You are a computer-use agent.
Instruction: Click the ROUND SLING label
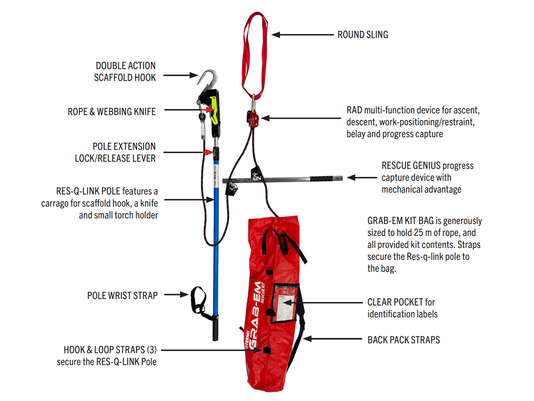click(363, 35)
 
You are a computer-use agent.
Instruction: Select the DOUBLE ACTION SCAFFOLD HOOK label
click(126, 71)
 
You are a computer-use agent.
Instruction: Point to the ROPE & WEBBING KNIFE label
click(112, 112)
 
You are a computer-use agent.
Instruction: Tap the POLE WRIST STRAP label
click(122, 295)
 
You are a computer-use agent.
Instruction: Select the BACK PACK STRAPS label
click(404, 340)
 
